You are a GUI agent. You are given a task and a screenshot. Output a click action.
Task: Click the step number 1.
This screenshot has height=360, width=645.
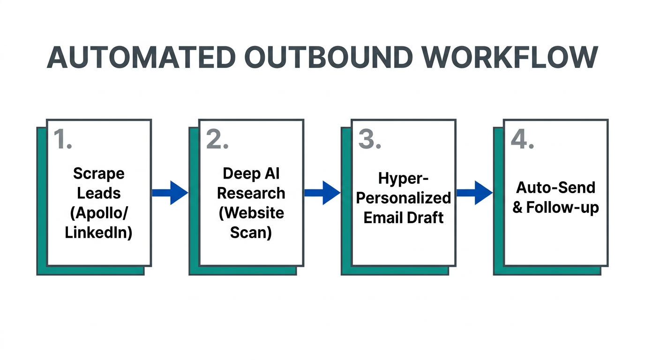tap(62, 139)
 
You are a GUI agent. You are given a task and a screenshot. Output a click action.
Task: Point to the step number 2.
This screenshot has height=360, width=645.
tap(217, 139)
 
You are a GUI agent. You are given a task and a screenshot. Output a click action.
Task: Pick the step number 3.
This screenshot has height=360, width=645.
tap(369, 139)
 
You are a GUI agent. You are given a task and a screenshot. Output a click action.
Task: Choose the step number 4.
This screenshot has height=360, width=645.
tap(522, 139)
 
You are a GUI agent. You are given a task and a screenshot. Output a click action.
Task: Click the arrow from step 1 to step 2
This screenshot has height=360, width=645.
tap(170, 193)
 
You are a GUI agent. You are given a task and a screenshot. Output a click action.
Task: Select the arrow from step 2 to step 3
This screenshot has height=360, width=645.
tap(322, 193)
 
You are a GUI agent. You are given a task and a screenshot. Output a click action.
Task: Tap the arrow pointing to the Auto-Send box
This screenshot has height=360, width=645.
tap(474, 193)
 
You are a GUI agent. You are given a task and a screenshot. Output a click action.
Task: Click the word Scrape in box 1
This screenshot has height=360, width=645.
tap(98, 174)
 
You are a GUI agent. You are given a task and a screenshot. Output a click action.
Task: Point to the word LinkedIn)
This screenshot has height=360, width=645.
tap(98, 232)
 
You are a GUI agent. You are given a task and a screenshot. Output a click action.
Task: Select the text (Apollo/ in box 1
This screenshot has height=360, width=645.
tap(98, 213)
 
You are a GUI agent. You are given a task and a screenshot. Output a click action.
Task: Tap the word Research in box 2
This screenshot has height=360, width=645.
tap(251, 193)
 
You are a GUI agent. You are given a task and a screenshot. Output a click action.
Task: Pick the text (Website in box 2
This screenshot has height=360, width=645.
tap(251, 213)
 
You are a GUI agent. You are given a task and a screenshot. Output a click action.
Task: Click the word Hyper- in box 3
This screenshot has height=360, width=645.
tap(403, 179)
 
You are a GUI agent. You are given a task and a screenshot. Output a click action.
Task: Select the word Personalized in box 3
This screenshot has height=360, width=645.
tap(403, 198)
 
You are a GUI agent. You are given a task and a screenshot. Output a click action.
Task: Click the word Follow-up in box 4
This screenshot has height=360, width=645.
tap(562, 207)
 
